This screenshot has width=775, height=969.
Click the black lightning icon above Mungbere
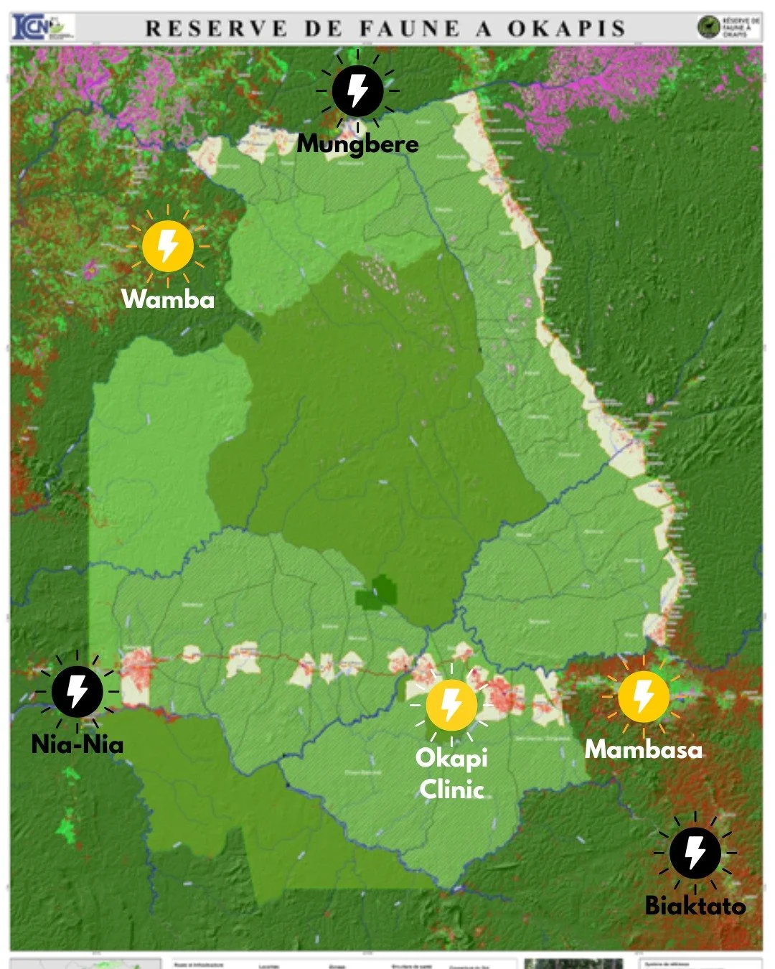point(357,91)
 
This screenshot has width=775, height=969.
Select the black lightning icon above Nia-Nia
point(77,691)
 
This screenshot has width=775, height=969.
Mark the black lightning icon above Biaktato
point(695,853)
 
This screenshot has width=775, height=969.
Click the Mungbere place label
point(357,144)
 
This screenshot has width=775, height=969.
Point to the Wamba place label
point(168,299)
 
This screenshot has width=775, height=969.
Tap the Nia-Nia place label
point(77,744)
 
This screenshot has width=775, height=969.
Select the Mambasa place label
point(643,749)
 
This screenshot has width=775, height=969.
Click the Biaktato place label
point(695,905)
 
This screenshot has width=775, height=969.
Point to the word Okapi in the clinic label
point(451,758)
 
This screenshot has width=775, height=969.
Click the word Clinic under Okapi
point(451,790)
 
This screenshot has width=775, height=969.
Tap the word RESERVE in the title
point(215,29)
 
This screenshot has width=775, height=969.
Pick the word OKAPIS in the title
point(566,29)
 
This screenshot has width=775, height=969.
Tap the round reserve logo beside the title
point(708,28)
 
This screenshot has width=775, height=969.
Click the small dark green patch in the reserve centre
point(376,591)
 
